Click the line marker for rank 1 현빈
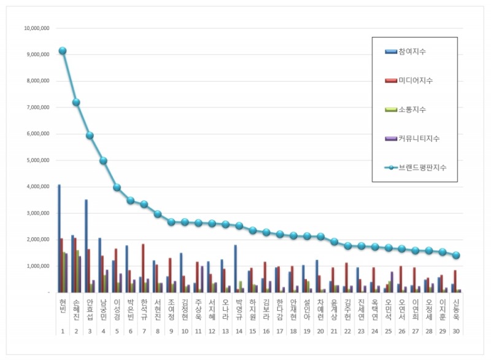(63, 51)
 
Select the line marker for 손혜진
(76, 103)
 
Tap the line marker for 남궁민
(103, 161)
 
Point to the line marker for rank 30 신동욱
(456, 256)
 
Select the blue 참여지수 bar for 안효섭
(86, 246)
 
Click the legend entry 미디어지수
(415, 80)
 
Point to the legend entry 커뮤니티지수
(419, 138)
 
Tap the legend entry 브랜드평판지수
(419, 167)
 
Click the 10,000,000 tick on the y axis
(36, 28)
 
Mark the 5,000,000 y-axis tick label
(37, 160)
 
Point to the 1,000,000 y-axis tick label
(37, 266)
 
